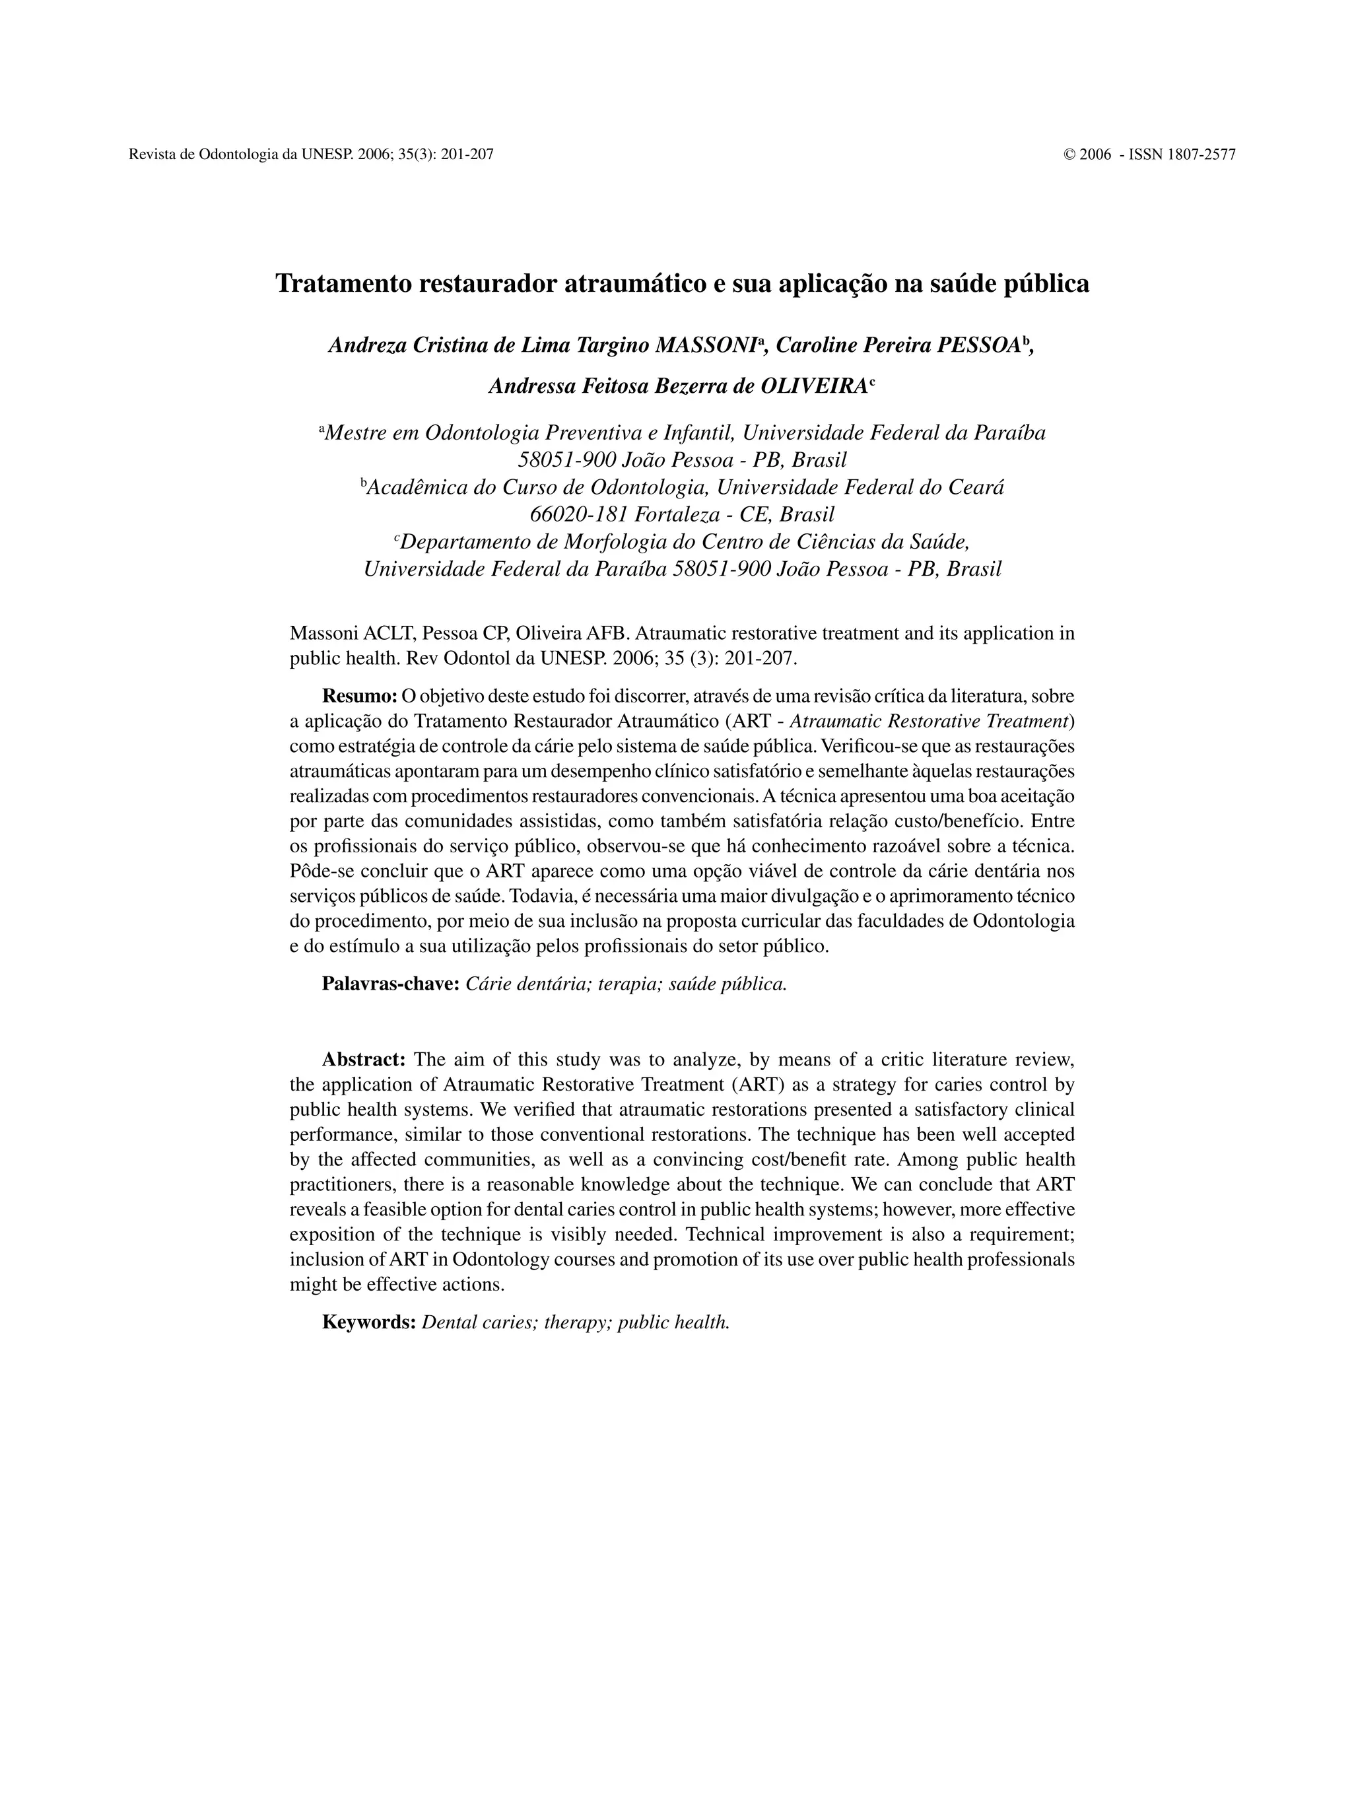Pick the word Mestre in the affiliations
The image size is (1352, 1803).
(356, 433)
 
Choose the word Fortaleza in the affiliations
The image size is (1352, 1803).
(680, 515)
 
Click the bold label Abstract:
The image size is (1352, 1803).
(364, 1060)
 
